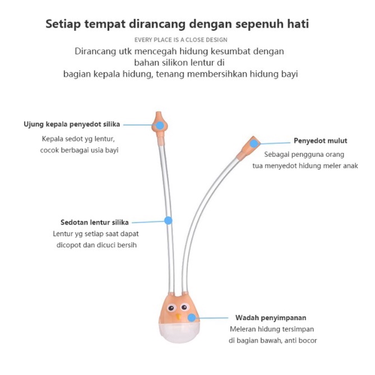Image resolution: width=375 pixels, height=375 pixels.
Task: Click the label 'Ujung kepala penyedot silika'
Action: [x=72, y=124]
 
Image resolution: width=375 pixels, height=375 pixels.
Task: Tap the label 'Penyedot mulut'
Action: [x=320, y=141]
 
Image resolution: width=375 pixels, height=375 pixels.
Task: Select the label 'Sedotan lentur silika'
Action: [x=95, y=221]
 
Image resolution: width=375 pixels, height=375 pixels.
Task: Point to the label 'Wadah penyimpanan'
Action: [x=271, y=317]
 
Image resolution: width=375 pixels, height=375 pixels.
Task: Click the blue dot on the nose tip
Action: [x=160, y=126]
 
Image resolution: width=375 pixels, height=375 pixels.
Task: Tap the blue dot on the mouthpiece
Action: [x=254, y=143]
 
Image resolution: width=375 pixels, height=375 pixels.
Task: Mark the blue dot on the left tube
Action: [x=168, y=221]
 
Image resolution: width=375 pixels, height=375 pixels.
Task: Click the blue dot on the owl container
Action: [x=192, y=317]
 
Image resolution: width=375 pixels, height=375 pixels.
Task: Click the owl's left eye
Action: [x=168, y=308]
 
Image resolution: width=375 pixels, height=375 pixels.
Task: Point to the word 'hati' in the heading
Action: [x=296, y=25]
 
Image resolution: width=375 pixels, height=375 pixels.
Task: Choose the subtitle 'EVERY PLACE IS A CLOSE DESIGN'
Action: [x=181, y=39]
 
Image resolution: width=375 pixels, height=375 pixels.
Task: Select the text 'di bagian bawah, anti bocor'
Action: [x=274, y=341]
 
